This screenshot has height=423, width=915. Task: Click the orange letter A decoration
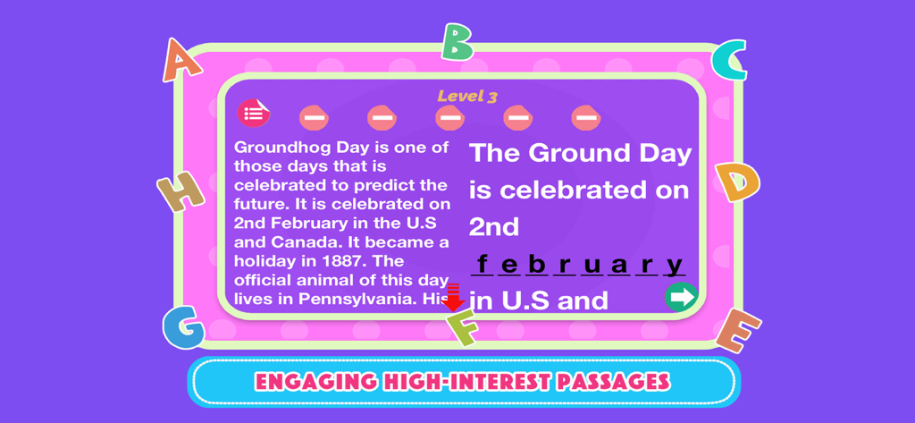pyautogui.click(x=181, y=62)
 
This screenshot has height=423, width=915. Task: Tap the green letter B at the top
pyautogui.click(x=457, y=41)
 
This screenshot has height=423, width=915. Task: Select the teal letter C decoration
pyautogui.click(x=730, y=61)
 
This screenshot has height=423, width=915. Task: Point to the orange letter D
pyautogui.click(x=737, y=182)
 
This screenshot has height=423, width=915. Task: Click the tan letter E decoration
pyautogui.click(x=738, y=330)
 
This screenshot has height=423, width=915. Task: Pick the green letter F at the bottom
pyautogui.click(x=463, y=328)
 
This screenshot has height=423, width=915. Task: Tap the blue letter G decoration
pyautogui.click(x=183, y=327)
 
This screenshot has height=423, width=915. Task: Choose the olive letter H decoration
pyautogui.click(x=180, y=190)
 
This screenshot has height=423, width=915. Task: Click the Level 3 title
pyautogui.click(x=466, y=97)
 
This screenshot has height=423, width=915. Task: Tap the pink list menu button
pyautogui.click(x=253, y=114)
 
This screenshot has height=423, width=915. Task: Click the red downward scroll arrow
pyautogui.click(x=453, y=297)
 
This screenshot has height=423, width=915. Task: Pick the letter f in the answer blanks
pyautogui.click(x=483, y=265)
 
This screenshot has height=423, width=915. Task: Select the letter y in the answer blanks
pyautogui.click(x=675, y=265)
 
